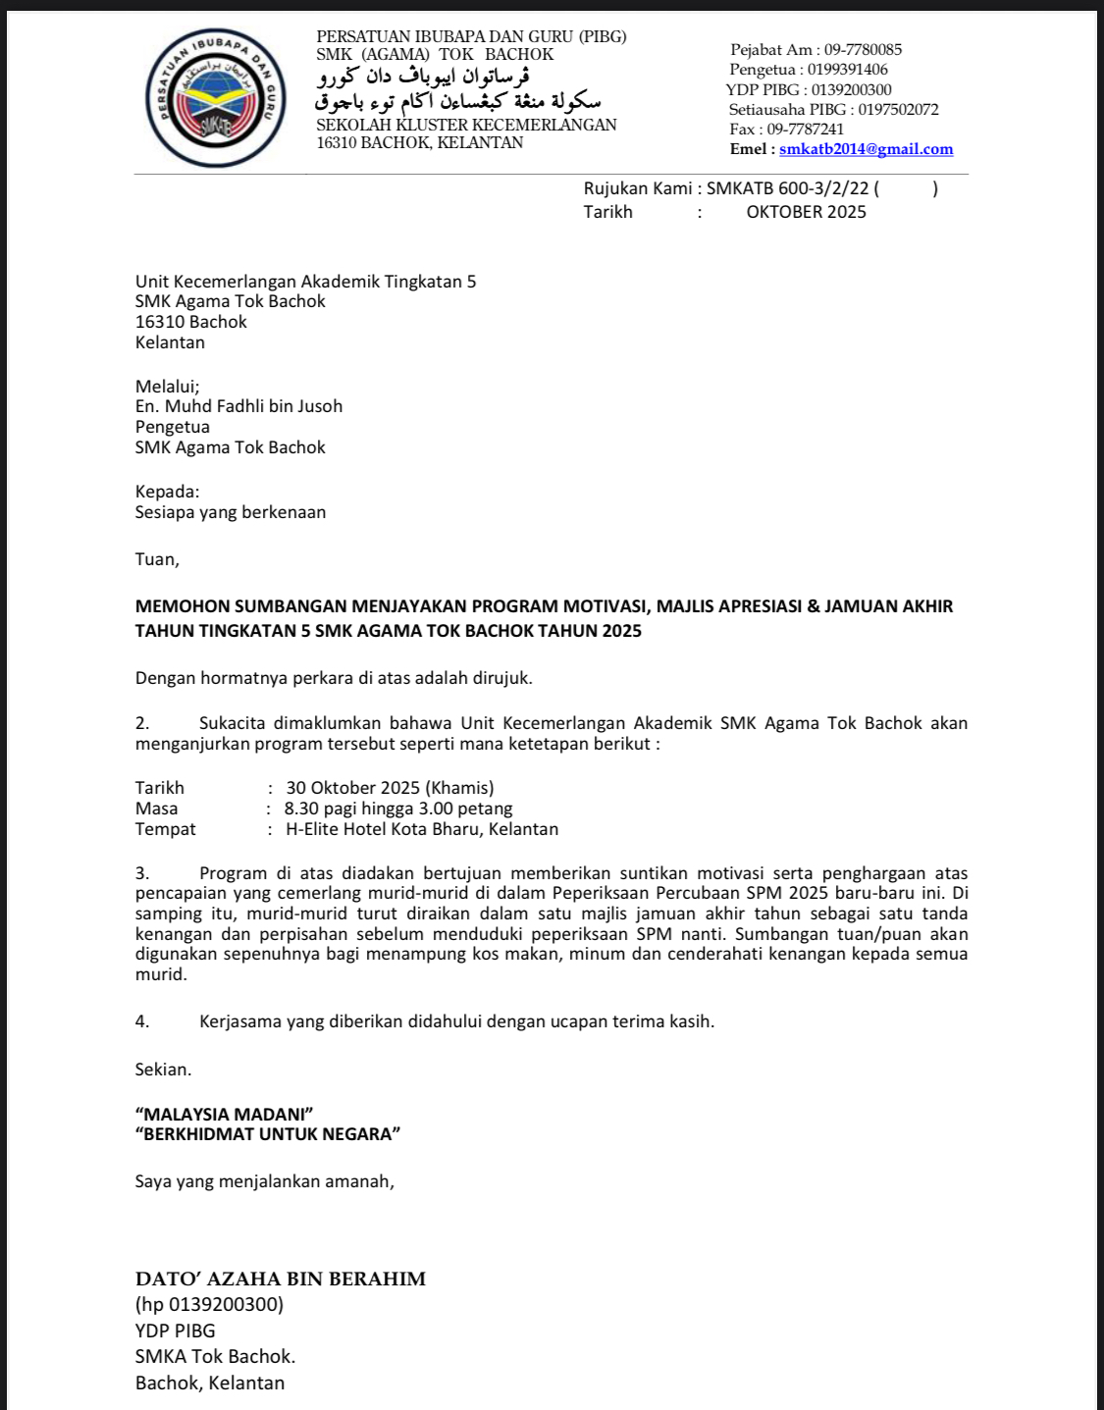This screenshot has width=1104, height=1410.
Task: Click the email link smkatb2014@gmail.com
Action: [866, 149]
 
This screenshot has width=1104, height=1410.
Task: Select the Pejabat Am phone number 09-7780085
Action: [863, 50]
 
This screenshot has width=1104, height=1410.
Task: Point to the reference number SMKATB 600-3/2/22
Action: [787, 188]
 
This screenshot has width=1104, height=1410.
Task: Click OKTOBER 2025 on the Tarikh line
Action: [806, 212]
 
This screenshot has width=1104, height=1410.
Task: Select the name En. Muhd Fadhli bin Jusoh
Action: [238, 406]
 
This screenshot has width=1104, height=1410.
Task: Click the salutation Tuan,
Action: [157, 559]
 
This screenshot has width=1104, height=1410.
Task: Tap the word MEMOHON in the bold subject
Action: [182, 606]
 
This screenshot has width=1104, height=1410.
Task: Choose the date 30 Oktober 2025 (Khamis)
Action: [390, 788]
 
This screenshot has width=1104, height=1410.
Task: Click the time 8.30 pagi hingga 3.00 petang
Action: [398, 809]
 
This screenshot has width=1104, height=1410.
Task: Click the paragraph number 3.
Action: [142, 873]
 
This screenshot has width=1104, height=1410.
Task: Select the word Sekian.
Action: [163, 1070]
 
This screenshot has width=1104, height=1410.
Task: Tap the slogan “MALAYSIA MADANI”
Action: [224, 1114]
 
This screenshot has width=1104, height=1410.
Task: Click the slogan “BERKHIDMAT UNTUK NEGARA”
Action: [268, 1134]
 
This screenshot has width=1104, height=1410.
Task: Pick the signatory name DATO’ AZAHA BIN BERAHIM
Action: [281, 1279]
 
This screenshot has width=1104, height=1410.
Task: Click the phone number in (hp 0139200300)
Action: [224, 1305]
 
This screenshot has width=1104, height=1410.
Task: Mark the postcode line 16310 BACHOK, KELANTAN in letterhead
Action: [419, 143]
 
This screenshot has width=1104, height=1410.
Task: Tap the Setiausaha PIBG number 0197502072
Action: [898, 110]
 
